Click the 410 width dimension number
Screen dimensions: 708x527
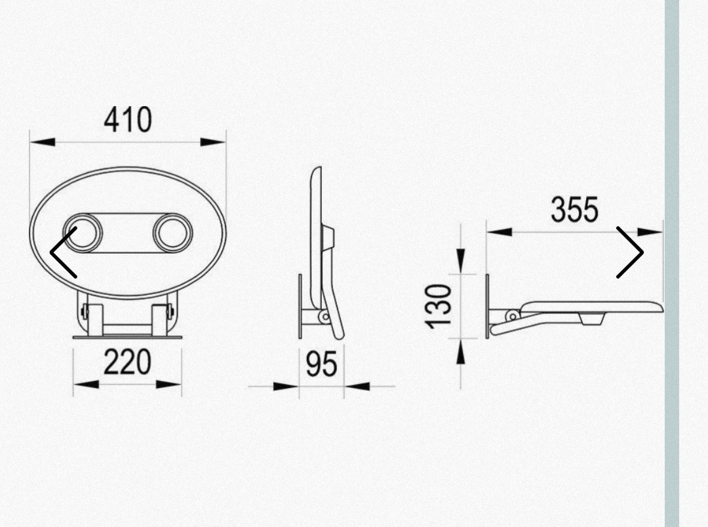pos(128,120)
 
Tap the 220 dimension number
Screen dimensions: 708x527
pos(127,362)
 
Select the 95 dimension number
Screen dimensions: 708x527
pos(321,364)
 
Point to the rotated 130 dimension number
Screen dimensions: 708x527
pos(439,305)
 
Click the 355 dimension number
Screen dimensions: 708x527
pos(575,210)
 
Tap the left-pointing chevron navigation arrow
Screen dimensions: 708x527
pos(63,252)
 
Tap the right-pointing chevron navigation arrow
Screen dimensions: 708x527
pos(630,252)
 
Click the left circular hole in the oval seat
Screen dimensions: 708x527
pos(83,233)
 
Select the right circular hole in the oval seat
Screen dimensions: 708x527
pos(172,233)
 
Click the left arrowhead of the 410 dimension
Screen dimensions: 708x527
pos(43,142)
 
